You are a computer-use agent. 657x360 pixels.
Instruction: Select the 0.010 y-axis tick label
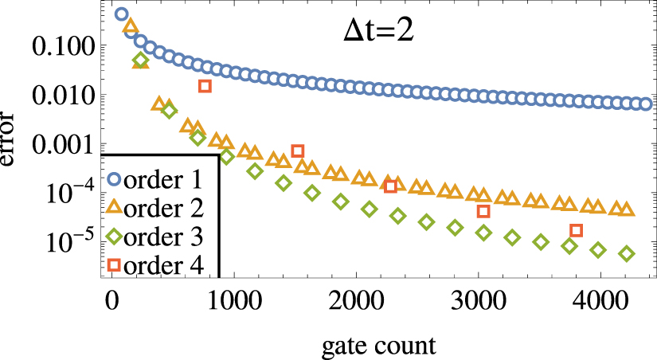(62, 96)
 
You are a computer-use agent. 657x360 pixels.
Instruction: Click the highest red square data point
(205, 86)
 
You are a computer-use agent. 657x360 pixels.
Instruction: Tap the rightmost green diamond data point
(627, 254)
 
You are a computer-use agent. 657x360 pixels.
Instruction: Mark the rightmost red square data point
(577, 231)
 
